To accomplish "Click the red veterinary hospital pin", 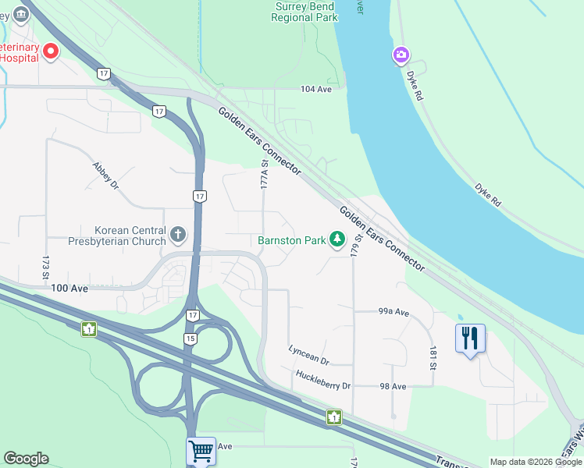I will [52, 51].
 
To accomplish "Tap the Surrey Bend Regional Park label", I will [305, 11].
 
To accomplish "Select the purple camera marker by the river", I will [401, 55].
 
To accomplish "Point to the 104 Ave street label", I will [317, 90].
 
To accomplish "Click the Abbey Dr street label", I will [105, 176].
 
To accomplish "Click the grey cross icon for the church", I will [179, 234].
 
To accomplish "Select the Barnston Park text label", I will [292, 241].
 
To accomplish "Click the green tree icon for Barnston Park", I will [337, 239].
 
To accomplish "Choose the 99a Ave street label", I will [393, 312].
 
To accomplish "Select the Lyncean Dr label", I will [309, 355].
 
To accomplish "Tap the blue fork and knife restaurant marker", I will [470, 339].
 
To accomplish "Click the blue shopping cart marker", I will [201, 450].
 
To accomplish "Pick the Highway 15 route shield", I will [190, 339].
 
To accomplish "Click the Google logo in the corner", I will [26, 459].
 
